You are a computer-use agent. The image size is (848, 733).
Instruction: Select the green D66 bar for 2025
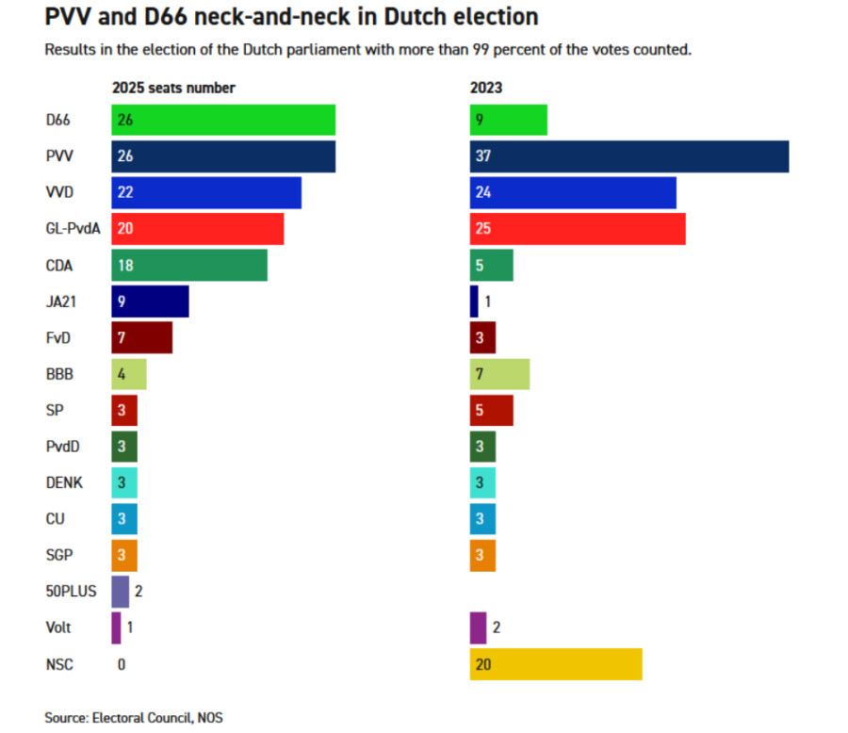coord(223,121)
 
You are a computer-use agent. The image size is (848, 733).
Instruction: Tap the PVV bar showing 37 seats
coord(629,156)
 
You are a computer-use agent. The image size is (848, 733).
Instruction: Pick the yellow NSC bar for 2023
coord(556,664)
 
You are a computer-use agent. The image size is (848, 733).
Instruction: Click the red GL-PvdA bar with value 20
coord(198,229)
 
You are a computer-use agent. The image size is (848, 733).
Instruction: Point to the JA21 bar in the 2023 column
coord(474,301)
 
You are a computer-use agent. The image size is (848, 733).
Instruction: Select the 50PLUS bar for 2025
coord(120,592)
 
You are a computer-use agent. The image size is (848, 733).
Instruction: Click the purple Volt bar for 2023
coord(478,627)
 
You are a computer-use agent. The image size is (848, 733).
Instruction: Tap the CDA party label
coord(60,266)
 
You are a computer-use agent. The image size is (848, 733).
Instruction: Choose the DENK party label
coord(64,482)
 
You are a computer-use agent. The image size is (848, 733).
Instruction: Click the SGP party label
coord(59,555)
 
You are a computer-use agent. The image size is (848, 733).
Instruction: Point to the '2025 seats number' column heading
coord(173,88)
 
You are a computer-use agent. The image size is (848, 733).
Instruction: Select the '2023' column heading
coord(486,88)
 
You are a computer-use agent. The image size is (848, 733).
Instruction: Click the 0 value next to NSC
coord(122,664)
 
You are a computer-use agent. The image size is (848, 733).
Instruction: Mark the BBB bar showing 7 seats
coord(499,374)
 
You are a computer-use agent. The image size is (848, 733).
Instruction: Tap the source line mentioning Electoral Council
coord(134,718)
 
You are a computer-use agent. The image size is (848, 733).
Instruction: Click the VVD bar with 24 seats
coord(573,193)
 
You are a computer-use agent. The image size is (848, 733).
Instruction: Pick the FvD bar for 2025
coord(141,337)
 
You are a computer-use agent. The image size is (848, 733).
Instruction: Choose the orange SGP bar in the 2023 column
coord(482,555)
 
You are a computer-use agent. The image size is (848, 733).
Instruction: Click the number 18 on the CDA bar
coord(125,266)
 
